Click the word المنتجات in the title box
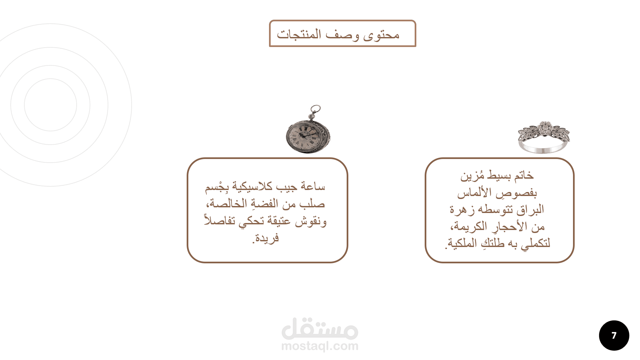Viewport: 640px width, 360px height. click(x=299, y=34)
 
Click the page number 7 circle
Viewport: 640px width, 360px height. click(x=614, y=335)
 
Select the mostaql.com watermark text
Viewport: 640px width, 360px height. click(x=320, y=346)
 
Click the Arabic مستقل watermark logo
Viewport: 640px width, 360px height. click(x=320, y=328)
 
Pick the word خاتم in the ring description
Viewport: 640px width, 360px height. click(x=524, y=175)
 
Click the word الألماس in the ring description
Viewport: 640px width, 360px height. click(x=474, y=193)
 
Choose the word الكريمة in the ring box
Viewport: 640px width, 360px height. click(x=470, y=227)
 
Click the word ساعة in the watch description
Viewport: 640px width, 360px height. click(x=313, y=186)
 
